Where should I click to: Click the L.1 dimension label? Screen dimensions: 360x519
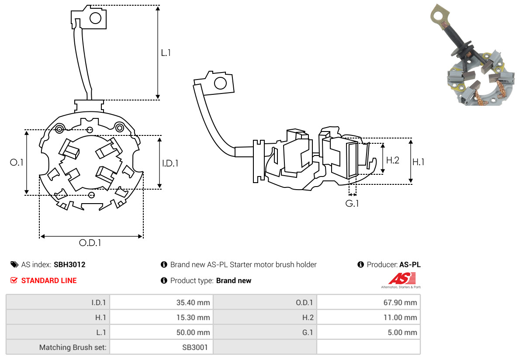[166, 53]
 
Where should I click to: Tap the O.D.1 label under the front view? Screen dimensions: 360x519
[90, 243]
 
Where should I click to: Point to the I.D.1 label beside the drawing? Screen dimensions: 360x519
[170, 163]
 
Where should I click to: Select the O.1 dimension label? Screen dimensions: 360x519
[17, 163]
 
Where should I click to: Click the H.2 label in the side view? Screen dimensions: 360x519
[393, 160]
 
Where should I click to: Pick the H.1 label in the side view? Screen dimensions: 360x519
[419, 162]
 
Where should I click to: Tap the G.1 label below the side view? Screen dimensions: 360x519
[352, 204]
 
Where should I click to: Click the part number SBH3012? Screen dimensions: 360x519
[69, 264]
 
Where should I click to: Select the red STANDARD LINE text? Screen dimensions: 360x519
[49, 280]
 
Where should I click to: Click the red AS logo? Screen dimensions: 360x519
[402, 278]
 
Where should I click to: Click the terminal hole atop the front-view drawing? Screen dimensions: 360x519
[95, 18]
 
